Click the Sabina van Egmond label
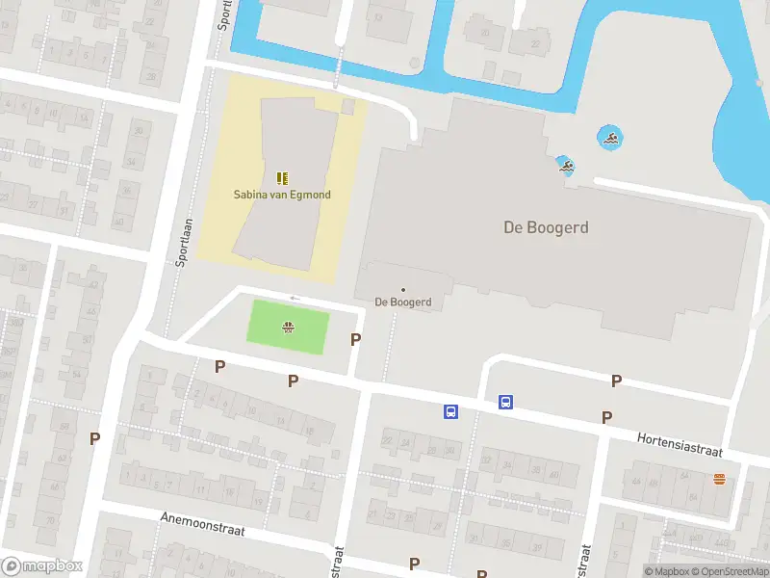pos(282,195)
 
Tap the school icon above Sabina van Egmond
pos(282,178)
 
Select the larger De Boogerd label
pos(546,228)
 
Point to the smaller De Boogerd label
pos(402,302)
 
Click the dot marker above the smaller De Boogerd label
pos(402,289)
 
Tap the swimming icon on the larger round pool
pos(609,138)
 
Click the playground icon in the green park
pos(288,328)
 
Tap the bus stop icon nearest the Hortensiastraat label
pos(505,402)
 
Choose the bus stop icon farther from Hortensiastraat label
pos(449,411)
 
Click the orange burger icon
pos(719,479)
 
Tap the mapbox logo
pos(42,566)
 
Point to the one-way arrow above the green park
pos(295,299)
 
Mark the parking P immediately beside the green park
pos(356,339)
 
